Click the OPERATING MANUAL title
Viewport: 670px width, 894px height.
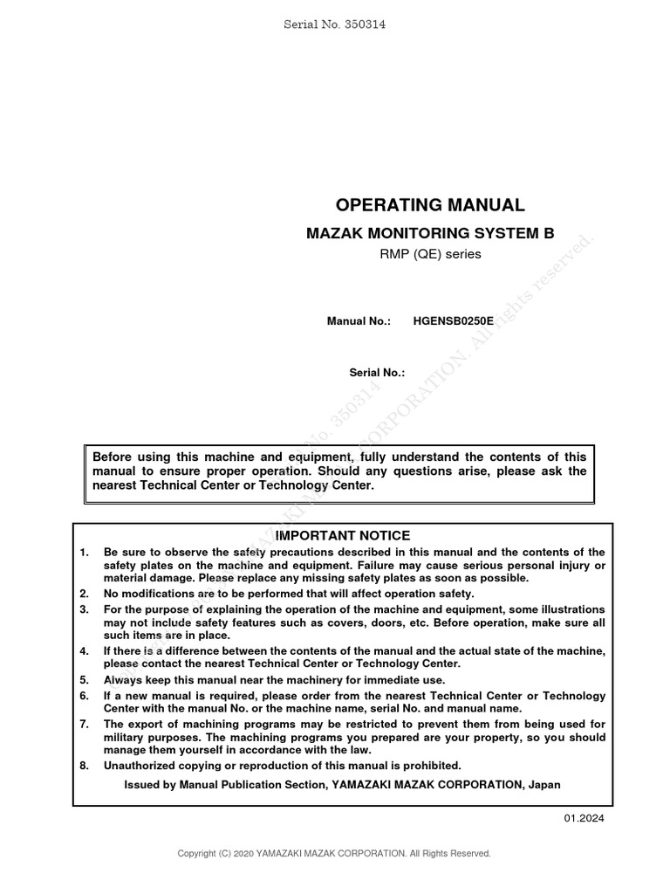[431, 206]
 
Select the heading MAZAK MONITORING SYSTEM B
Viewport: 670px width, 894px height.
[428, 234]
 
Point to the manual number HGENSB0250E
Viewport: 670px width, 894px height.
[453, 320]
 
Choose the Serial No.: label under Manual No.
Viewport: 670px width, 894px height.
[377, 372]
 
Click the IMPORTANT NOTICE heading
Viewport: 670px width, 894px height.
[343, 535]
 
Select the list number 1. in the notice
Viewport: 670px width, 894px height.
[85, 553]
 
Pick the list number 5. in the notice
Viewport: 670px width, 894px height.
[85, 680]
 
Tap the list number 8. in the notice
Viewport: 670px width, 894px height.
[85, 766]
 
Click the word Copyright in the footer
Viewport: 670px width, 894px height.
[197, 853]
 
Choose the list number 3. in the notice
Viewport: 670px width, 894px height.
[85, 609]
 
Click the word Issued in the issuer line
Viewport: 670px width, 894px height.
[142, 785]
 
